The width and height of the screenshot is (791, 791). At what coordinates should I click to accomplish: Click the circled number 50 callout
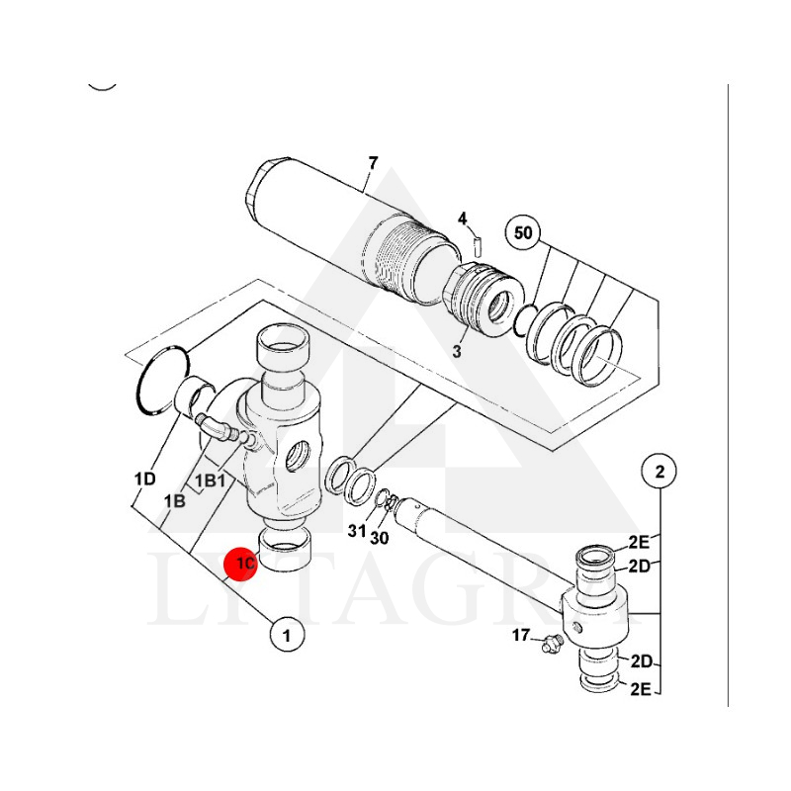(x=523, y=233)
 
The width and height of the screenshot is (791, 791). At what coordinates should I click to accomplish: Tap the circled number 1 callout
(x=287, y=635)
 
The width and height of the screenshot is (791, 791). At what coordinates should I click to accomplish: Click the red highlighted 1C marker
(x=242, y=564)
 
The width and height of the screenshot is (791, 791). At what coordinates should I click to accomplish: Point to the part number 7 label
(x=372, y=163)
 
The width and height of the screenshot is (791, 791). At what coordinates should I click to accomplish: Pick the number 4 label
(x=462, y=218)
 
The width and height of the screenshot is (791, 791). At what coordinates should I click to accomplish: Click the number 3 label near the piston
(x=458, y=351)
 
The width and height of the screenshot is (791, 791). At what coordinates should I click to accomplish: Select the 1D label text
(x=144, y=480)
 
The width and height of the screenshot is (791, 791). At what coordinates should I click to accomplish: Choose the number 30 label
(x=380, y=537)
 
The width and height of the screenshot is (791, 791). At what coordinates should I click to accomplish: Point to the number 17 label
(x=521, y=636)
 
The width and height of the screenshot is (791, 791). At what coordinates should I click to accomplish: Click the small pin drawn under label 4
(x=475, y=243)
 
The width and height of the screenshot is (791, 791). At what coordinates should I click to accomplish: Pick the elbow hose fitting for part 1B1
(x=216, y=428)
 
